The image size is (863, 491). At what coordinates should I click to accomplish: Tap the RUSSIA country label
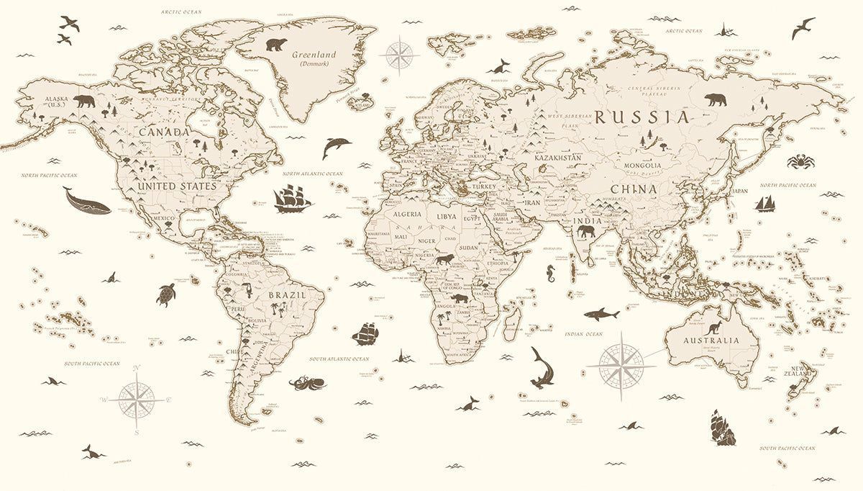[x=641, y=117]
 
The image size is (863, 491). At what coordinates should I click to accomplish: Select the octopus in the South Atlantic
[x=301, y=382]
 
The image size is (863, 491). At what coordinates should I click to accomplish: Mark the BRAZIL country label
[x=287, y=295]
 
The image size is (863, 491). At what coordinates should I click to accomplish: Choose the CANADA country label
[x=164, y=132]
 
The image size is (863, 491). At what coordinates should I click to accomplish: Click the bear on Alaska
[x=83, y=101]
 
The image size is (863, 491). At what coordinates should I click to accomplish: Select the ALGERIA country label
[x=407, y=215]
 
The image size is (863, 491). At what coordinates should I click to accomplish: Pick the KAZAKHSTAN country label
[x=557, y=157]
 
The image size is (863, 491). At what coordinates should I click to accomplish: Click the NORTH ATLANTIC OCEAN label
[x=313, y=174]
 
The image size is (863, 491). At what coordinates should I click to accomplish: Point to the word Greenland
[x=314, y=54]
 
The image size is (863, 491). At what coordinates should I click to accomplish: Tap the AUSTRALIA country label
[x=711, y=340]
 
